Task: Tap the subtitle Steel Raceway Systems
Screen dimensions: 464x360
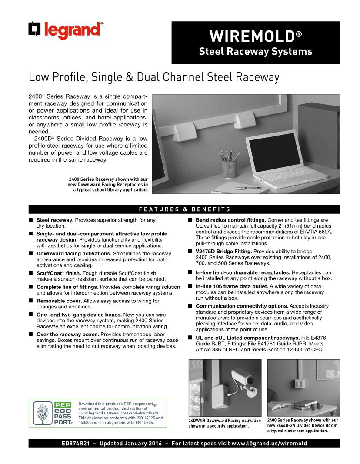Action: coord(255,52)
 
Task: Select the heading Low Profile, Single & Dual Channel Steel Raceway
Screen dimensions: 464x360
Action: coord(154,77)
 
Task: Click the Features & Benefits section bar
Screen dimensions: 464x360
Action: coord(184,209)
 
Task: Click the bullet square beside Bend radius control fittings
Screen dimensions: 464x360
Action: coord(190,220)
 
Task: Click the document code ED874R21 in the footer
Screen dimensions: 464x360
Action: coord(76,444)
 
